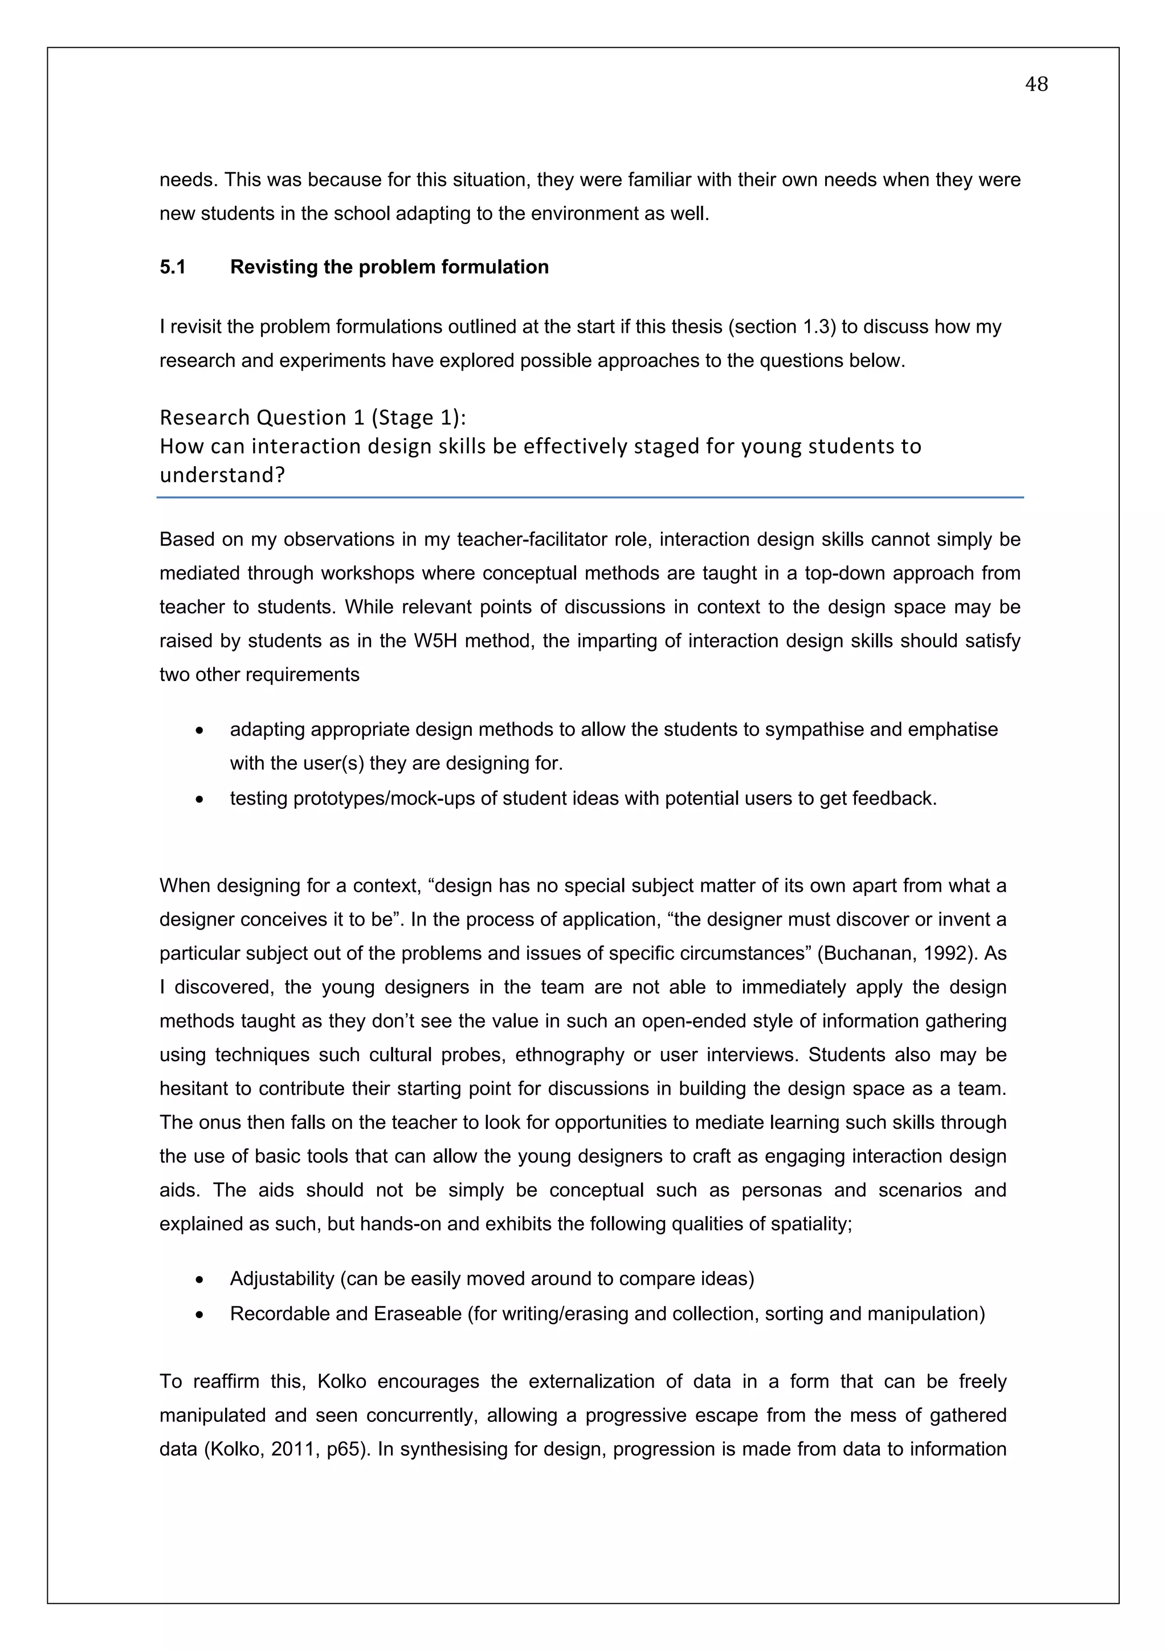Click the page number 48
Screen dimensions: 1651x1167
(x=1035, y=85)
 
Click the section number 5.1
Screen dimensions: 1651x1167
(x=173, y=267)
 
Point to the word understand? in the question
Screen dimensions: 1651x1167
(x=222, y=475)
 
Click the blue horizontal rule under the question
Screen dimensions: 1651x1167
(x=590, y=497)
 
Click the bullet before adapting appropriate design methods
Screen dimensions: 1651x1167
(x=199, y=731)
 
